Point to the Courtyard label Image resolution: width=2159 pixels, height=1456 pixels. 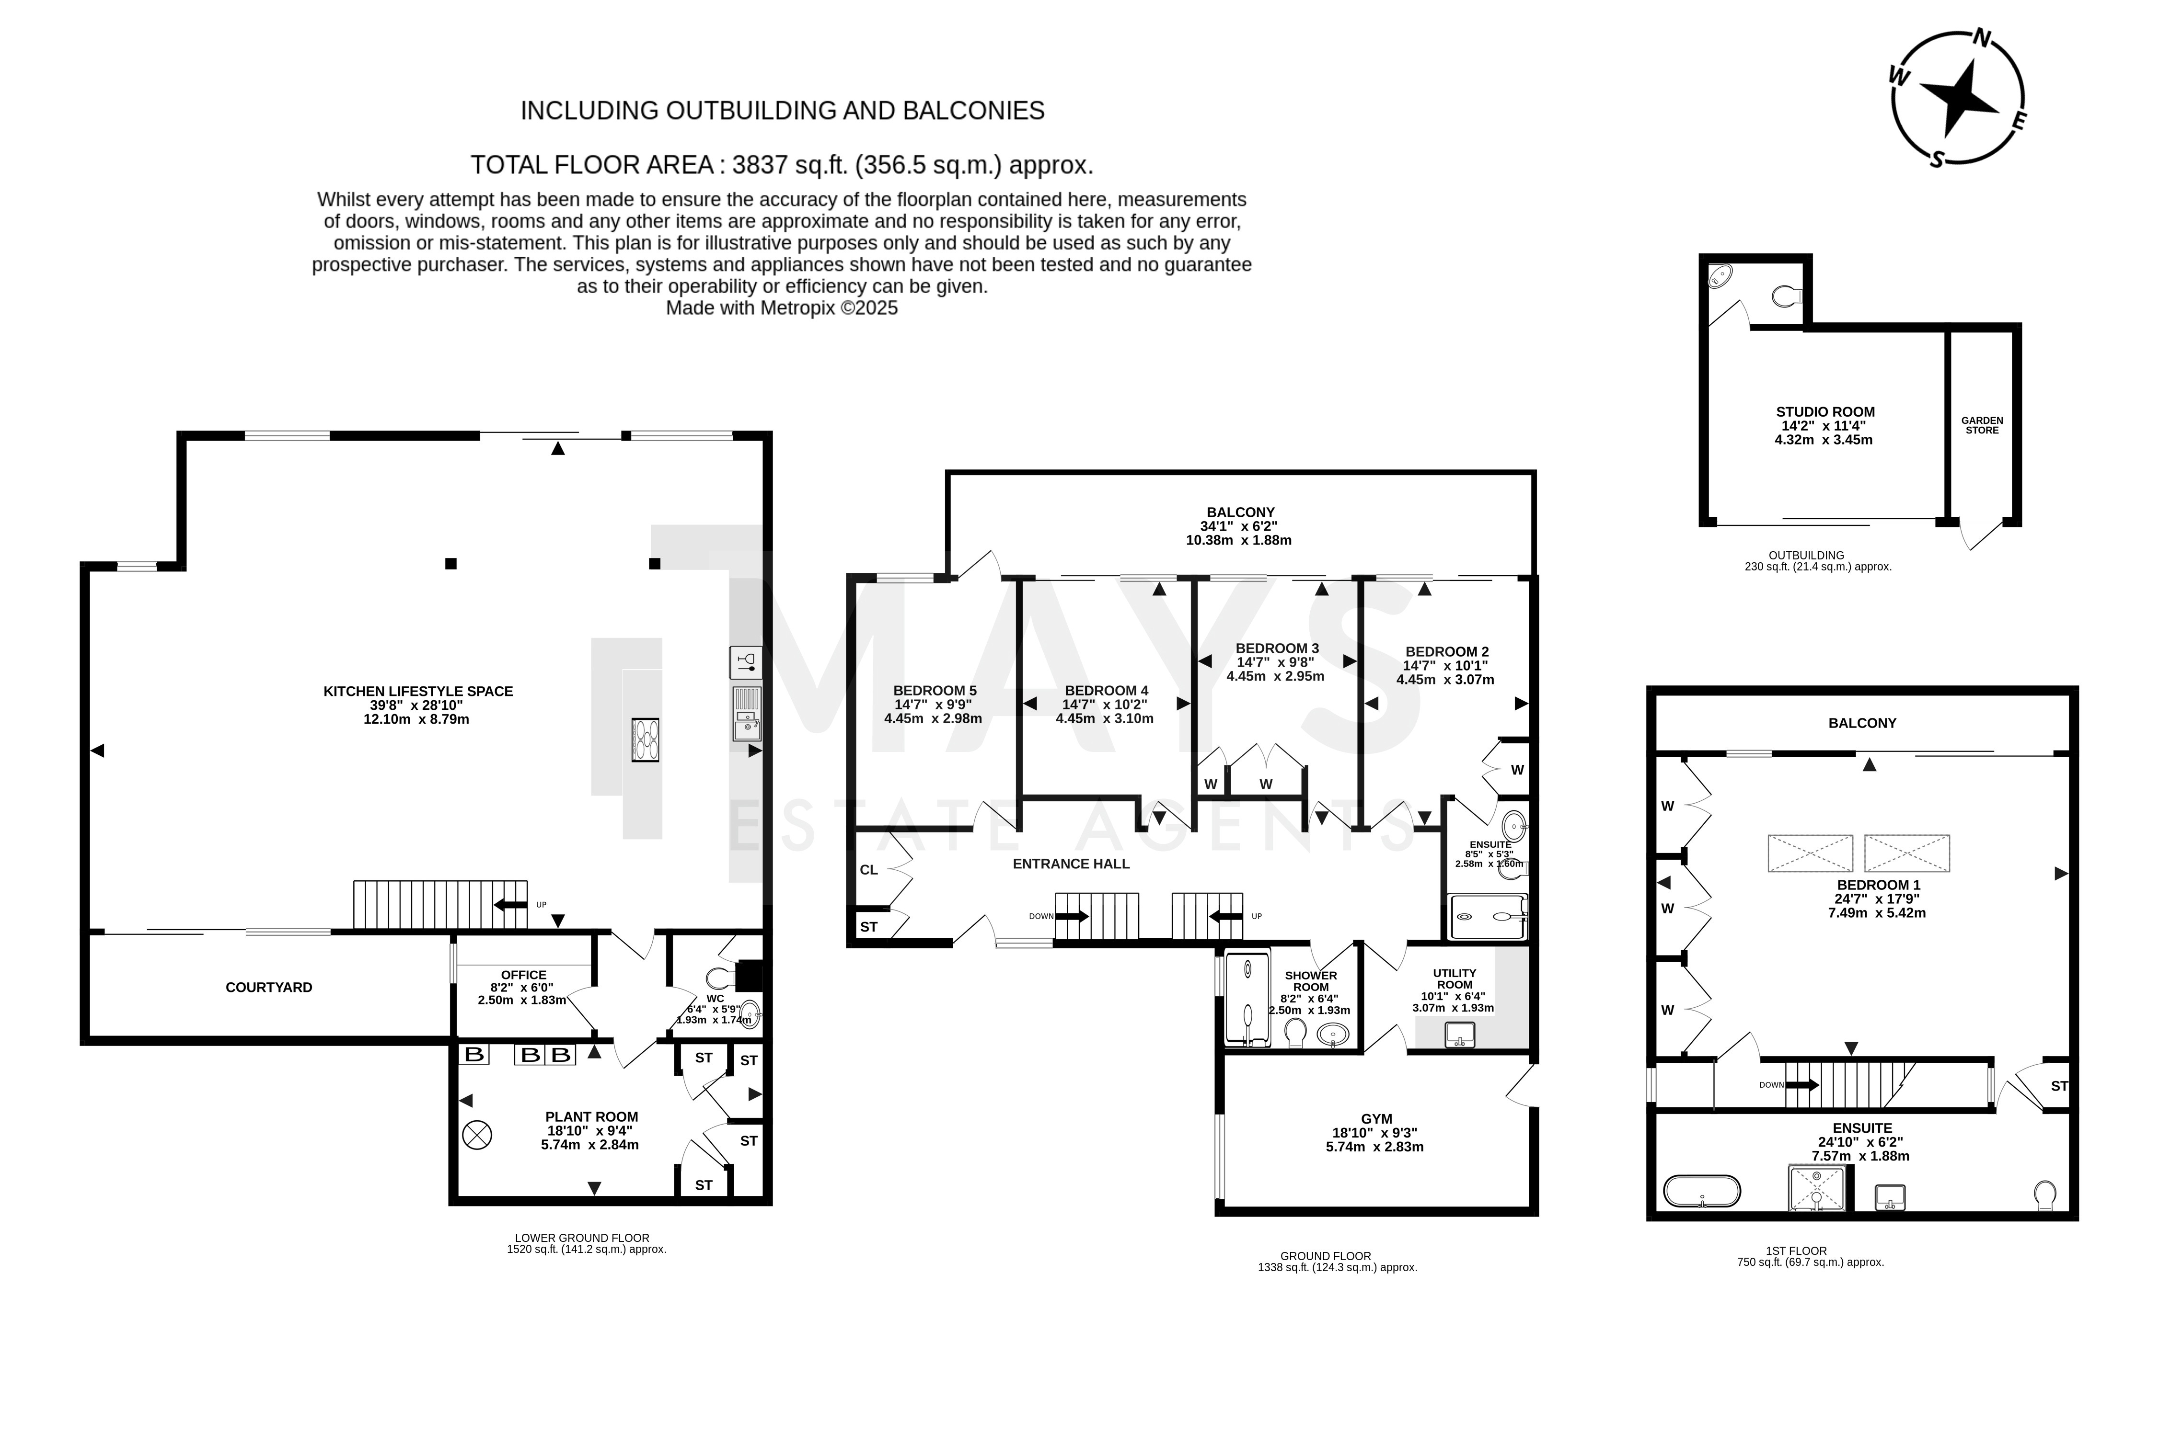pos(268,987)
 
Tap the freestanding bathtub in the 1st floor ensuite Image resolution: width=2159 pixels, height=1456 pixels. pos(1701,1191)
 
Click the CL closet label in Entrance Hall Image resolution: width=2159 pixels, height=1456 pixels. pos(868,870)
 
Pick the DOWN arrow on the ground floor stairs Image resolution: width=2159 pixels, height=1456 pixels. pos(1072,917)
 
